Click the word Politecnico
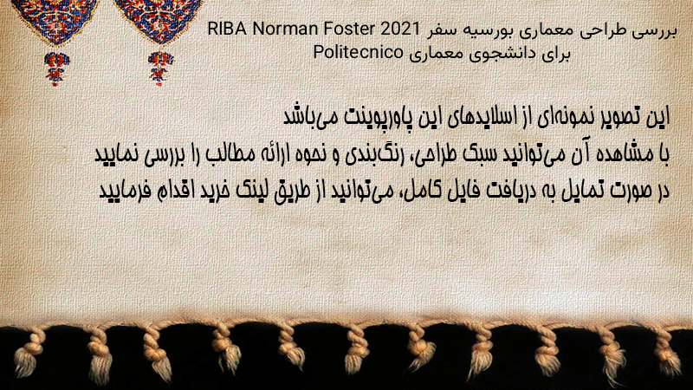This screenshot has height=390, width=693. (358, 53)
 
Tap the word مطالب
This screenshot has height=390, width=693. (230, 154)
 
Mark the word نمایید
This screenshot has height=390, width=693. (117, 154)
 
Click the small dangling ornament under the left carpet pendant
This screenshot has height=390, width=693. (56, 68)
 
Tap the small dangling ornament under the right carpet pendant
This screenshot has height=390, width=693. (160, 68)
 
